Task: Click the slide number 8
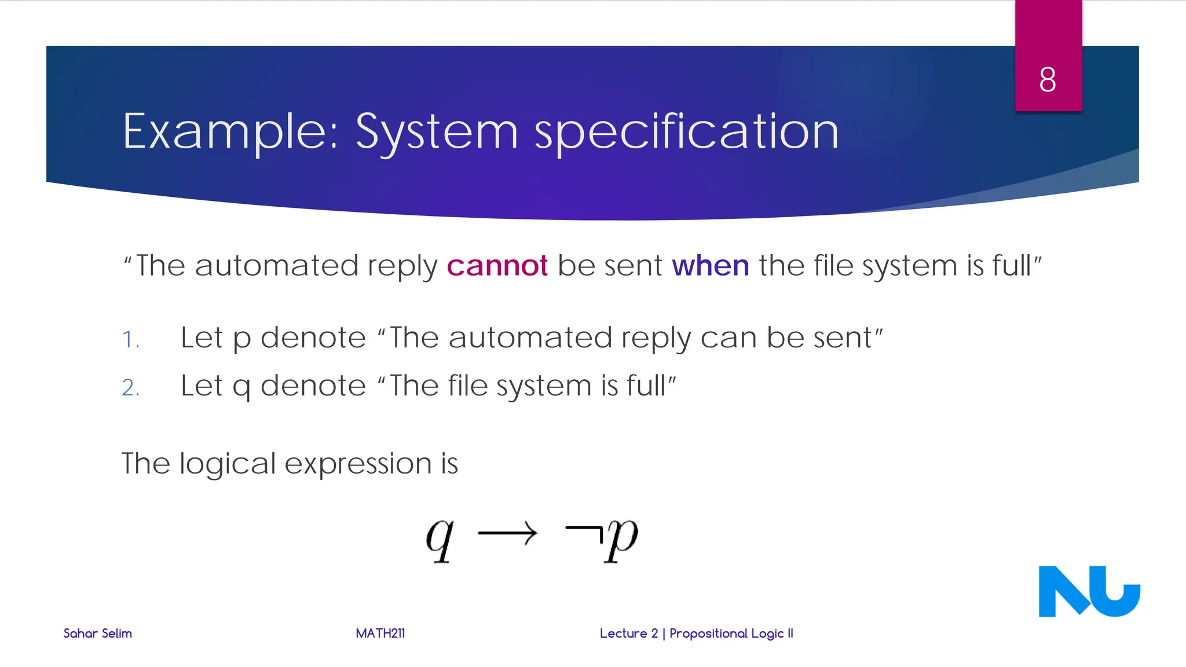click(1047, 79)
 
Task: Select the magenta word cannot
click(497, 266)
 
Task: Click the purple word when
click(710, 266)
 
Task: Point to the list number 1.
click(130, 339)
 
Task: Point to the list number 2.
click(130, 387)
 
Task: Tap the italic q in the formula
click(440, 538)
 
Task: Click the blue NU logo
click(1089, 591)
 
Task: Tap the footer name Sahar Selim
click(97, 633)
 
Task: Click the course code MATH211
click(380, 633)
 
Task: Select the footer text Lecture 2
click(629, 633)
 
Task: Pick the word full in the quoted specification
click(1012, 266)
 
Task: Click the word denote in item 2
click(313, 386)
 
